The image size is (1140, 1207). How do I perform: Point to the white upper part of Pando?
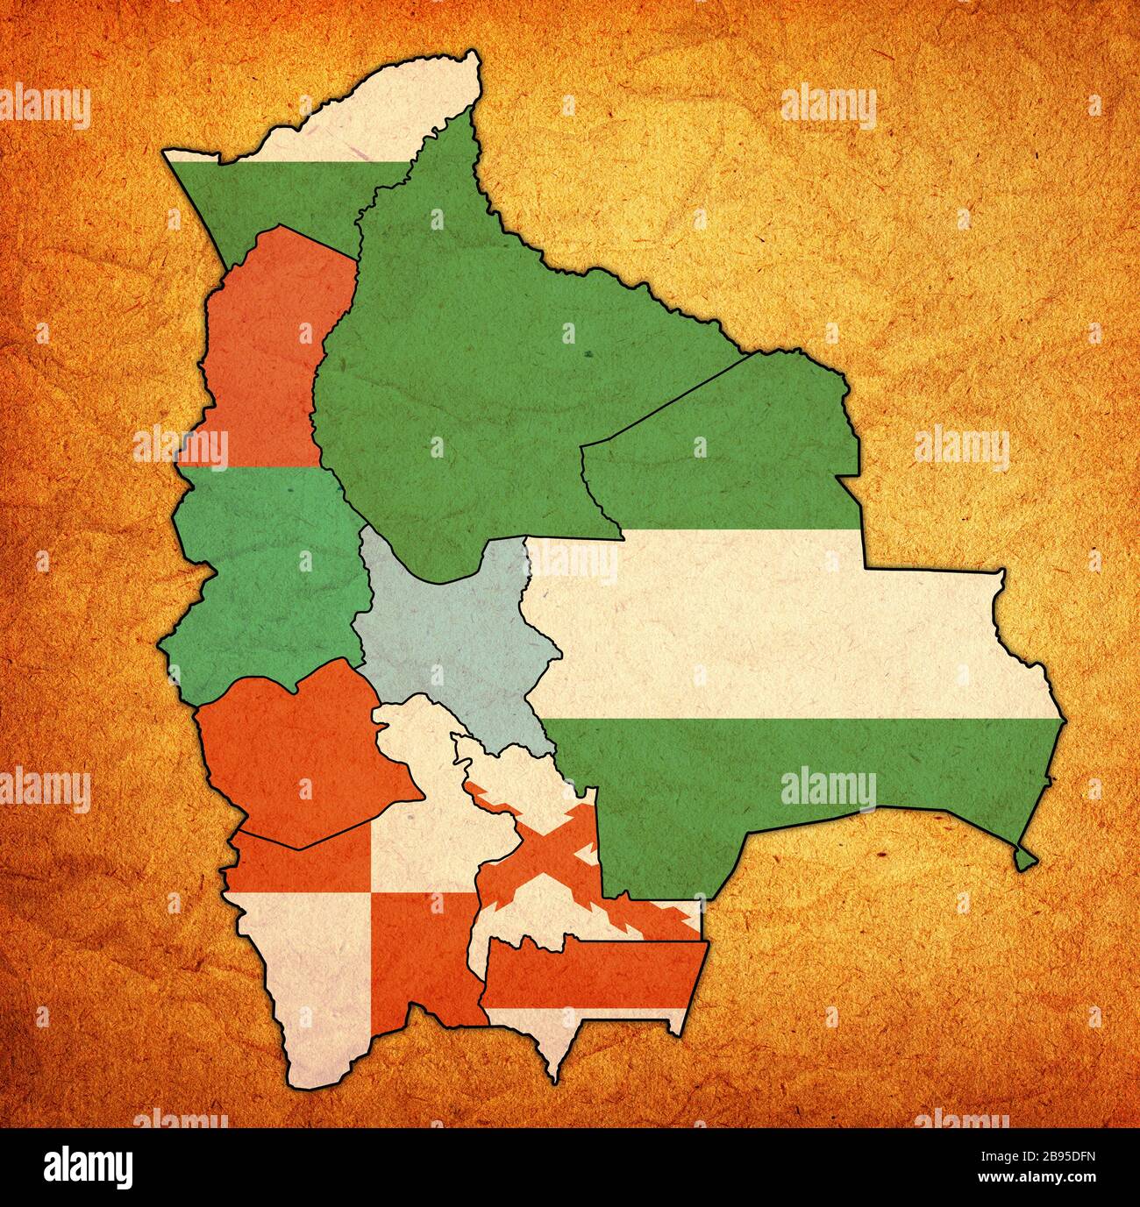click(x=386, y=114)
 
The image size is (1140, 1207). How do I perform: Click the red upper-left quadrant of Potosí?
click(x=298, y=863)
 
